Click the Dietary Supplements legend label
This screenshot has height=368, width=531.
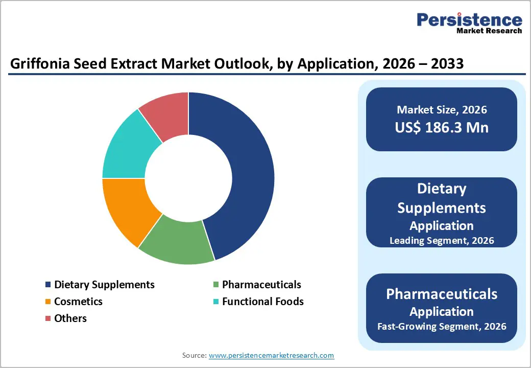tap(104, 285)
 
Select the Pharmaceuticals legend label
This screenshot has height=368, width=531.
tap(261, 285)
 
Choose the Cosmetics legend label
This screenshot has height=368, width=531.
tap(78, 302)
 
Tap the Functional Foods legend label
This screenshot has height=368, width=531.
tap(262, 302)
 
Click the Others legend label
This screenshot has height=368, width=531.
tap(70, 318)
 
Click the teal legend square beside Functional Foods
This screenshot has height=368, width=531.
tap(216, 302)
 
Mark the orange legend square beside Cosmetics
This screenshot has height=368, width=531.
tap(49, 302)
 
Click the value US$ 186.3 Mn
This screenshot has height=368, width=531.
tap(441, 127)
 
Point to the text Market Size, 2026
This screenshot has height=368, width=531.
tap(441, 109)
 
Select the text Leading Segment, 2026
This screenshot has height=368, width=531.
tap(441, 240)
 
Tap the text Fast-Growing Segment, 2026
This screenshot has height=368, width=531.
tap(441, 326)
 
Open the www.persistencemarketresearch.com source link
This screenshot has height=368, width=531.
tap(271, 355)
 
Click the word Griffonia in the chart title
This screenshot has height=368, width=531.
tap(36, 64)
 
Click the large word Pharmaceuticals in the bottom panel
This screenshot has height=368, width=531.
tap(441, 294)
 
